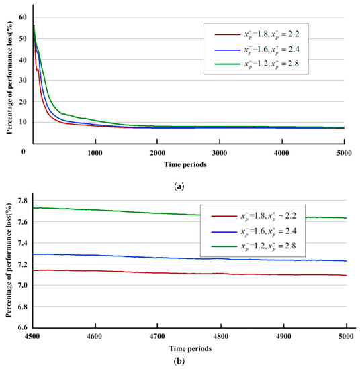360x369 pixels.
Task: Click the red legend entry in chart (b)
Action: (x=269, y=217)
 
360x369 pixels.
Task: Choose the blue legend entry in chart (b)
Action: (x=269, y=233)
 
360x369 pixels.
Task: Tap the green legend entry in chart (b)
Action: (x=269, y=248)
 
